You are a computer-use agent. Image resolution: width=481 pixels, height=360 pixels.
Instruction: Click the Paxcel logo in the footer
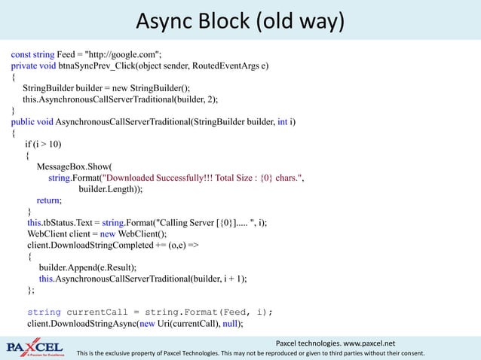pos(35,347)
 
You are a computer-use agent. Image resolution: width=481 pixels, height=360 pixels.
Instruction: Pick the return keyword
pos(49,200)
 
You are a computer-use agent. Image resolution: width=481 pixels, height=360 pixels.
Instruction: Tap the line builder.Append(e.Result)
pos(87,267)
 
